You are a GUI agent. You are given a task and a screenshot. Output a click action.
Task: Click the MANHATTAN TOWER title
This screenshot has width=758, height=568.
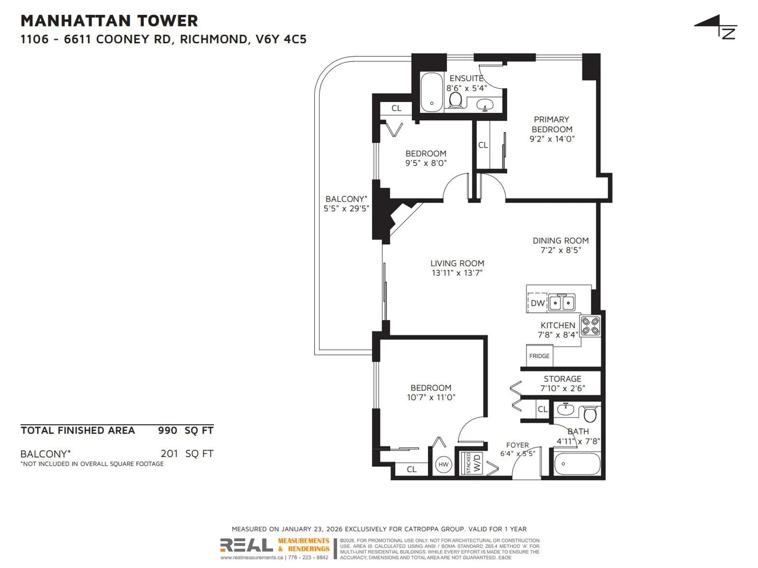point(109,21)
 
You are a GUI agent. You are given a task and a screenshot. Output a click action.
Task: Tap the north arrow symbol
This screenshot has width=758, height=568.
point(716,27)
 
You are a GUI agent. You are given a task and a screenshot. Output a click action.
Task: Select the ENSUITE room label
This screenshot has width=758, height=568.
point(466,78)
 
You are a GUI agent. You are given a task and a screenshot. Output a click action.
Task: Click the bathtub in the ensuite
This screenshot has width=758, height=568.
point(432,92)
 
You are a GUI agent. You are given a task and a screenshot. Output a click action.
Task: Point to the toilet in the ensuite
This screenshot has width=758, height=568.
point(456,100)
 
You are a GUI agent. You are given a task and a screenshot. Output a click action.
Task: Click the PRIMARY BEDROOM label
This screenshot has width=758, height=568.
point(552,124)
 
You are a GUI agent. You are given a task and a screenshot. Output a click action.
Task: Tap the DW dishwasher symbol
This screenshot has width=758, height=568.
point(537,303)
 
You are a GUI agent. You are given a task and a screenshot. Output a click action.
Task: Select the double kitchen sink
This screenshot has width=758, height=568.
point(562,303)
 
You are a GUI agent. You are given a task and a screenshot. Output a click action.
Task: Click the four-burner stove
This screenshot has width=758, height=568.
point(591,326)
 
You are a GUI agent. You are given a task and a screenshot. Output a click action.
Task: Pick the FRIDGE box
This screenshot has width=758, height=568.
point(539,356)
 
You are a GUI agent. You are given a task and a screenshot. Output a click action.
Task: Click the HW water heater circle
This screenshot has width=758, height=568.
point(443,464)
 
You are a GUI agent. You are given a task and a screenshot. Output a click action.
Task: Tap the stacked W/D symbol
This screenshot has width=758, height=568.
point(472,463)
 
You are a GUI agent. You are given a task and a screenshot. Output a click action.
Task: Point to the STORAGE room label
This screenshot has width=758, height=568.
point(562,379)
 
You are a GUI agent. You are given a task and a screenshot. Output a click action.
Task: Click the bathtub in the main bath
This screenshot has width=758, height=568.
point(577,464)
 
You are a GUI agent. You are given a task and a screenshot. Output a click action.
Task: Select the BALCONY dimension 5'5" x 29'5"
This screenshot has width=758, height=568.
point(346,209)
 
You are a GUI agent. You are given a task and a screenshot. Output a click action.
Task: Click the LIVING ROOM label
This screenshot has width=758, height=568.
point(457,263)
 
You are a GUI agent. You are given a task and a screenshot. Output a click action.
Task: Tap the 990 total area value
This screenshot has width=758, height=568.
point(167,430)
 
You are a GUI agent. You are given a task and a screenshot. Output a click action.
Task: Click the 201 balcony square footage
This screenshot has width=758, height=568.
point(169,454)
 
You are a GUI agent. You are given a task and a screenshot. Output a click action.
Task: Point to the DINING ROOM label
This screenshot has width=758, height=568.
point(561,241)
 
